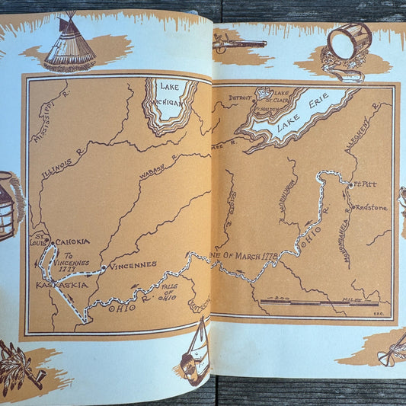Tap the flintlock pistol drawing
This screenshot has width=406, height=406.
pyautogui.click(x=239, y=43)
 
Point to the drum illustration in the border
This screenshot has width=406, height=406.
pyautogui.click(x=348, y=48)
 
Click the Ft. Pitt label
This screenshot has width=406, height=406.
pyautogui.click(x=362, y=184)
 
